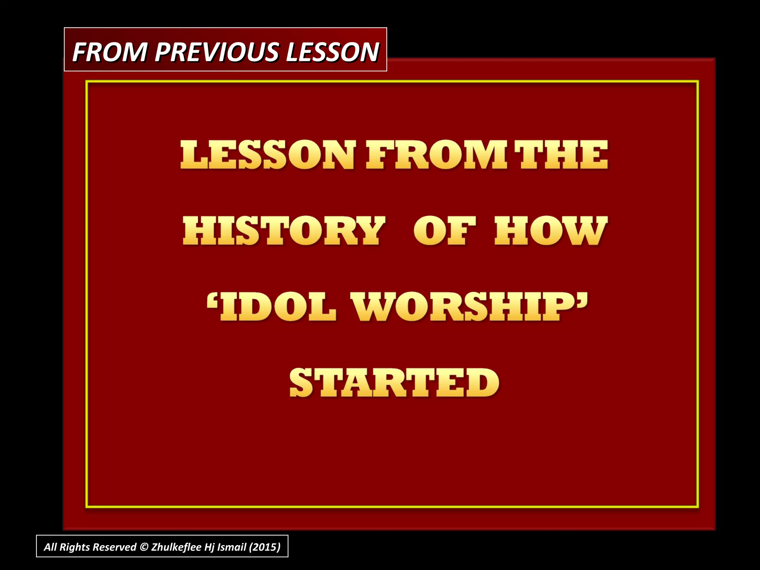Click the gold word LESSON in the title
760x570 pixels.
268,155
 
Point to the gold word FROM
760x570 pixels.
436,155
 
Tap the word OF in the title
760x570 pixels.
445,231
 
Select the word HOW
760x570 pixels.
551,231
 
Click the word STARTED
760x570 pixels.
394,383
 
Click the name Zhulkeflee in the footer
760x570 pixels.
176,547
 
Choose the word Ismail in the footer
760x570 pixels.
232,547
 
